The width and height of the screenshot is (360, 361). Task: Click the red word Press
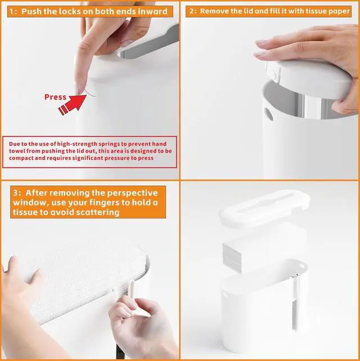point(55,97)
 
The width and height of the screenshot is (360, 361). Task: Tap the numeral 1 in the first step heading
point(12,12)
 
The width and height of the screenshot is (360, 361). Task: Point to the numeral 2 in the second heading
point(192,11)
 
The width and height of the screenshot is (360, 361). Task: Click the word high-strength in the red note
point(77,144)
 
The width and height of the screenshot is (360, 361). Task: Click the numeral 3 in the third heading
point(16,193)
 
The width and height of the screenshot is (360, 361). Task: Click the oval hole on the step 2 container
point(268,114)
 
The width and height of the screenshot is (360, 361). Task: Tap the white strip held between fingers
point(130,292)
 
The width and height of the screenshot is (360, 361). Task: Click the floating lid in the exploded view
point(264,208)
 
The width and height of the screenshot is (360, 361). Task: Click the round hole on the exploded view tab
point(302,266)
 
